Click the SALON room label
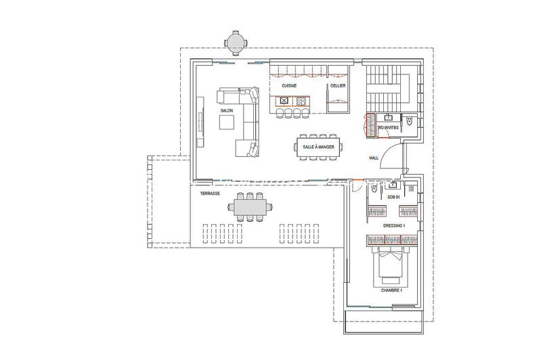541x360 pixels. [227, 110]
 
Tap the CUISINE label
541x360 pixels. [290, 87]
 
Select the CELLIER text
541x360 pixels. [338, 87]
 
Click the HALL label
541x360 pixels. [373, 158]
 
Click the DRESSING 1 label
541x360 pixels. [393, 225]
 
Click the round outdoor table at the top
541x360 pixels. [236, 44]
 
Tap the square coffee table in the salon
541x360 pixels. [227, 122]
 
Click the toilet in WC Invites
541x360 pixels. [410, 121]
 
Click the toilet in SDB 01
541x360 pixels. [370, 192]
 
